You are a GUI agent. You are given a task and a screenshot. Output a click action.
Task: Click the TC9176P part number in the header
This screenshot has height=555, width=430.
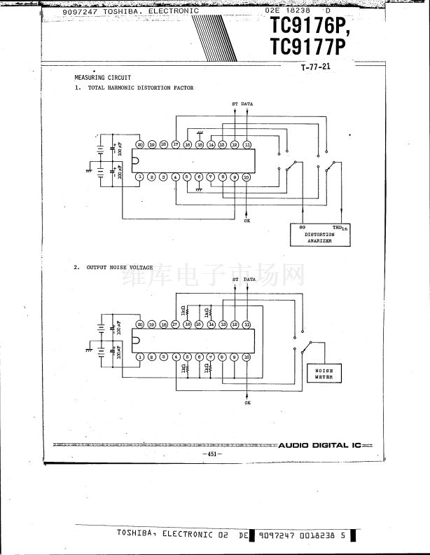click(x=307, y=29)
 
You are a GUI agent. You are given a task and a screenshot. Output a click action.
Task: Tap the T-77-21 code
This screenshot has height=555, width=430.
click(x=315, y=68)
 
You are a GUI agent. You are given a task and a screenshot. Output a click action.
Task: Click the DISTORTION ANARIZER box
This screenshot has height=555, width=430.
click(x=320, y=233)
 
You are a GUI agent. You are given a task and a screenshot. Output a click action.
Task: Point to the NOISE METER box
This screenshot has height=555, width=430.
click(x=324, y=374)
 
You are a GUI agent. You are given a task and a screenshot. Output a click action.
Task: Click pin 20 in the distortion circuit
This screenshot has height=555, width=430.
click(x=140, y=144)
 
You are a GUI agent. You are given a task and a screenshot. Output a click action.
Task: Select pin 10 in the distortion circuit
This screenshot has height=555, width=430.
click(x=247, y=177)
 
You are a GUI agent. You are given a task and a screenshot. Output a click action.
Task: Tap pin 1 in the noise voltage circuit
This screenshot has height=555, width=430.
click(x=140, y=357)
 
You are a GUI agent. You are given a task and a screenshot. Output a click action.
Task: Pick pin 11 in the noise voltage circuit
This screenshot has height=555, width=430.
click(x=247, y=324)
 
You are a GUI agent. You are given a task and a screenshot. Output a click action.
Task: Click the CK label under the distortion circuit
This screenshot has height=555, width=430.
click(x=247, y=221)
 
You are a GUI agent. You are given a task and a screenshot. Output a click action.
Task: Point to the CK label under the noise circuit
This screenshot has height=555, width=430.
click(x=247, y=403)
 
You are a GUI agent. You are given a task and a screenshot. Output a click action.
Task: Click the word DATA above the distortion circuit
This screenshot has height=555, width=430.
click(x=247, y=104)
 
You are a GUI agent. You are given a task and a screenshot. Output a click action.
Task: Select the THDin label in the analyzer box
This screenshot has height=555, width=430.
click(x=338, y=227)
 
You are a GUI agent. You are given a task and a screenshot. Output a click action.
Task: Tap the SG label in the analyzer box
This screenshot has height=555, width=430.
click(x=303, y=227)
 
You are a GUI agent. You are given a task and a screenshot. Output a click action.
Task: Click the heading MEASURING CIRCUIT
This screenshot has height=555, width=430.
click(x=103, y=78)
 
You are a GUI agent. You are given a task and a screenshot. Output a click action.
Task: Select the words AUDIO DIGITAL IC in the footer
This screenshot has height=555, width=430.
click(x=319, y=445)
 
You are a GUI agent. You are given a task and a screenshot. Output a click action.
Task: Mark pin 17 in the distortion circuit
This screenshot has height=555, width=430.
click(x=176, y=144)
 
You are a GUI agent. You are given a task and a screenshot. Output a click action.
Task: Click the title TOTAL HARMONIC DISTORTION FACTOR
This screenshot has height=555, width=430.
click(x=141, y=88)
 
